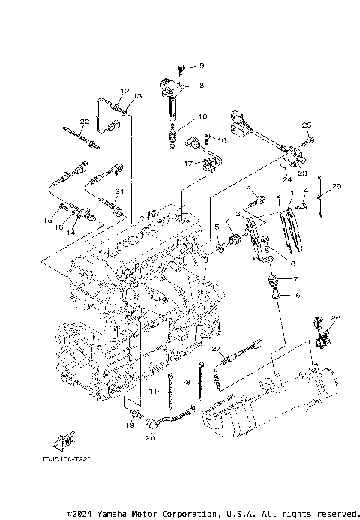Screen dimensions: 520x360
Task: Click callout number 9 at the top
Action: click(201, 66)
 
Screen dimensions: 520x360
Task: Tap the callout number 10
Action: click(201, 117)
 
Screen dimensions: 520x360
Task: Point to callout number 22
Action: click(85, 122)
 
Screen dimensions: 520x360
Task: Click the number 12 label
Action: click(124, 90)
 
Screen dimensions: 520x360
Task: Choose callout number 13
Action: click(137, 96)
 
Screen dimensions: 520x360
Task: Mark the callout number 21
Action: click(118, 192)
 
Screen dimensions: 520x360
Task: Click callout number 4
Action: click(306, 191)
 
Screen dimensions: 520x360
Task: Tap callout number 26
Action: click(336, 318)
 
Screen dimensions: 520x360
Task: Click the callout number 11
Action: click(151, 392)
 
